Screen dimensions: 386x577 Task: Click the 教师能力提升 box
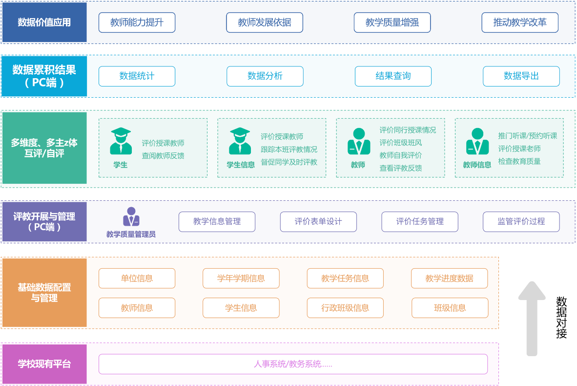[137, 22]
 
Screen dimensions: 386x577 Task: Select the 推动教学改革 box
[520, 22]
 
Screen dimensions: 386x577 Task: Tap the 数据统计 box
[137, 76]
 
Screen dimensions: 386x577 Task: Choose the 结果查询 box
[393, 76]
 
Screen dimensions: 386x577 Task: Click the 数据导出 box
[521, 76]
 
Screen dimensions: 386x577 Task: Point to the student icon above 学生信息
[240, 141]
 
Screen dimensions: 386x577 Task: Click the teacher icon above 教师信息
[477, 141]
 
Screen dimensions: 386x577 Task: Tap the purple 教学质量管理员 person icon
[131, 217]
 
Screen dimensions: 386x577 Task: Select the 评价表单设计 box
[318, 222]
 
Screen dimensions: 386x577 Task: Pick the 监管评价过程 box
[521, 222]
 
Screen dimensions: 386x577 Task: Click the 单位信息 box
[137, 279]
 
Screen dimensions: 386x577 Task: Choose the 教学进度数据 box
[449, 279]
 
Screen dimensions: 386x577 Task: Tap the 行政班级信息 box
[345, 308]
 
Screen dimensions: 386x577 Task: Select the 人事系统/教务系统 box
[293, 364]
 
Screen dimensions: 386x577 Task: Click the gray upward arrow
[532, 318]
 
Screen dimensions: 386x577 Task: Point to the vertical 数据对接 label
[561, 318]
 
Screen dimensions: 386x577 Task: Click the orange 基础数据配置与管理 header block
[44, 293]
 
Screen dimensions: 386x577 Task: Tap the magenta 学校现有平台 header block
[44, 364]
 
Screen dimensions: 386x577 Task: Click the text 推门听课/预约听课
[527, 136]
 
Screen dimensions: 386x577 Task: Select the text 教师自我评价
[401, 155]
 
